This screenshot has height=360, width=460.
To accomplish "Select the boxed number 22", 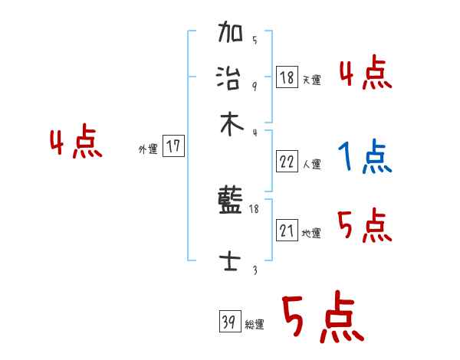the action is (287, 161).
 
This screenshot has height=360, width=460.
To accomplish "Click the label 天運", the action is (311, 80).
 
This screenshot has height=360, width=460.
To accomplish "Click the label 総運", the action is (255, 324).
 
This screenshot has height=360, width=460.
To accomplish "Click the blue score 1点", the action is (364, 158).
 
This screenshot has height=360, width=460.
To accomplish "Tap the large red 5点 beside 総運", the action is (321, 319).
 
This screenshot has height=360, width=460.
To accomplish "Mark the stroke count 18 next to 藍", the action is (254, 208).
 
